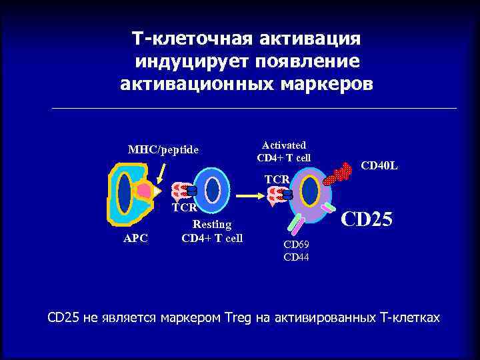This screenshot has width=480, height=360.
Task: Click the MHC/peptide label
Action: pyautogui.click(x=163, y=149)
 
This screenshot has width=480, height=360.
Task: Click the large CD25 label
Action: pyautogui.click(x=367, y=219)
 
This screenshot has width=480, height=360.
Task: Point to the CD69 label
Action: pyautogui.click(x=296, y=246)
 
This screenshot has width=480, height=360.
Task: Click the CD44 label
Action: pyautogui.click(x=296, y=257)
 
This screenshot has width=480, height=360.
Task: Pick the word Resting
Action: pyautogui.click(x=212, y=225)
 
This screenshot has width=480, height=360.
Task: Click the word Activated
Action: pyautogui.click(x=284, y=145)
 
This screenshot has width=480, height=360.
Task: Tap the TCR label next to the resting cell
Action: pyautogui.click(x=184, y=207)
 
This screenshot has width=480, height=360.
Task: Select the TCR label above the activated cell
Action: pyautogui.click(x=277, y=179)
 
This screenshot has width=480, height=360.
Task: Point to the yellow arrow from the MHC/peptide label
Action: pyautogui.click(x=160, y=173)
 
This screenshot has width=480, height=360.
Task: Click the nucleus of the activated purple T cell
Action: pyautogui.click(x=309, y=192)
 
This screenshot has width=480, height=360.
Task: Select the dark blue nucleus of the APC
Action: pyautogui.click(x=124, y=193)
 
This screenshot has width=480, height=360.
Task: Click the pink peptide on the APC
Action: pyautogui.click(x=144, y=192)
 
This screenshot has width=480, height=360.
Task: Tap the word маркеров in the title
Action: pyautogui.click(x=319, y=85)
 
